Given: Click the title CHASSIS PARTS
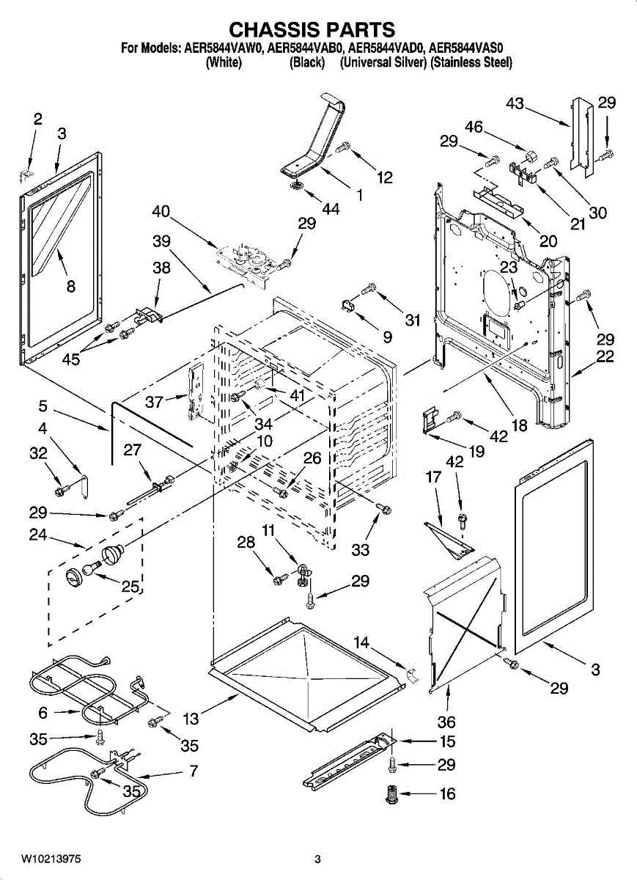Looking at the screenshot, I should coord(312,29).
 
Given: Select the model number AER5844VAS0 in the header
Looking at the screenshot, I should coord(469,49).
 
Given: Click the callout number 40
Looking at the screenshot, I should coord(161,212).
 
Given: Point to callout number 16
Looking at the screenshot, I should coord(446,793).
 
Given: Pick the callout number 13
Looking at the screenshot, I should coord(190,719).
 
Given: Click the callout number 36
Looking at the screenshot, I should coord(446,722).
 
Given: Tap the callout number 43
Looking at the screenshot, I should coord(515,103).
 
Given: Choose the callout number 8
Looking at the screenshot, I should coord(70,287).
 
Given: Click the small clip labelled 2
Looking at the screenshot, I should coord(26,173).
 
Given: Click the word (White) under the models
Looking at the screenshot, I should coord(224,62).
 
